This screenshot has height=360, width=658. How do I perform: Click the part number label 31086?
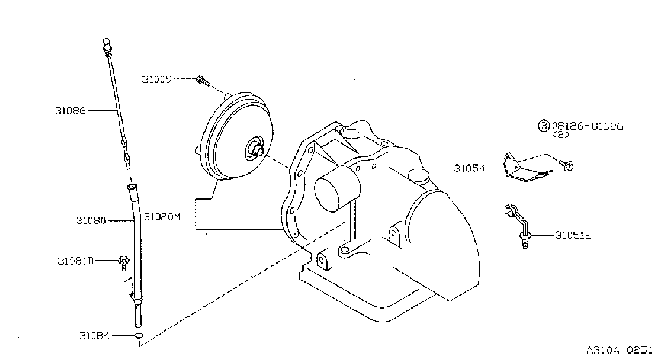[x=70, y=111]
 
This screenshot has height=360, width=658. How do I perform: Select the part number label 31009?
[x=157, y=79]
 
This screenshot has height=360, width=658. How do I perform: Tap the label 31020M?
[x=162, y=216]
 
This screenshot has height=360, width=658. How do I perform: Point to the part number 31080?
[x=91, y=220]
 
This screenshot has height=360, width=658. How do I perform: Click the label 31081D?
[x=75, y=261]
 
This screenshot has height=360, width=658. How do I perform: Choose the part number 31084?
[x=95, y=335]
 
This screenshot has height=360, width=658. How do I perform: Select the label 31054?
[x=470, y=168]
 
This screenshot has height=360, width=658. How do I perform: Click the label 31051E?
[x=573, y=235]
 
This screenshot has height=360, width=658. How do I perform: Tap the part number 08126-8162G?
[x=587, y=126]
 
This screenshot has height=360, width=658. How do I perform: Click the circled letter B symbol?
[x=544, y=126]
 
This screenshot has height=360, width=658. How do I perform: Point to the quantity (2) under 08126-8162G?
[x=561, y=135]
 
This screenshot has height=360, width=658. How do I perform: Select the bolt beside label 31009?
[x=203, y=81]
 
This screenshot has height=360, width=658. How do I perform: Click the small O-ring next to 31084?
[x=139, y=335]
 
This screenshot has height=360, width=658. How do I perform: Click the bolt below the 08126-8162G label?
[x=566, y=166]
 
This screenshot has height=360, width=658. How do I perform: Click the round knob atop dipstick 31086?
[x=107, y=42]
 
